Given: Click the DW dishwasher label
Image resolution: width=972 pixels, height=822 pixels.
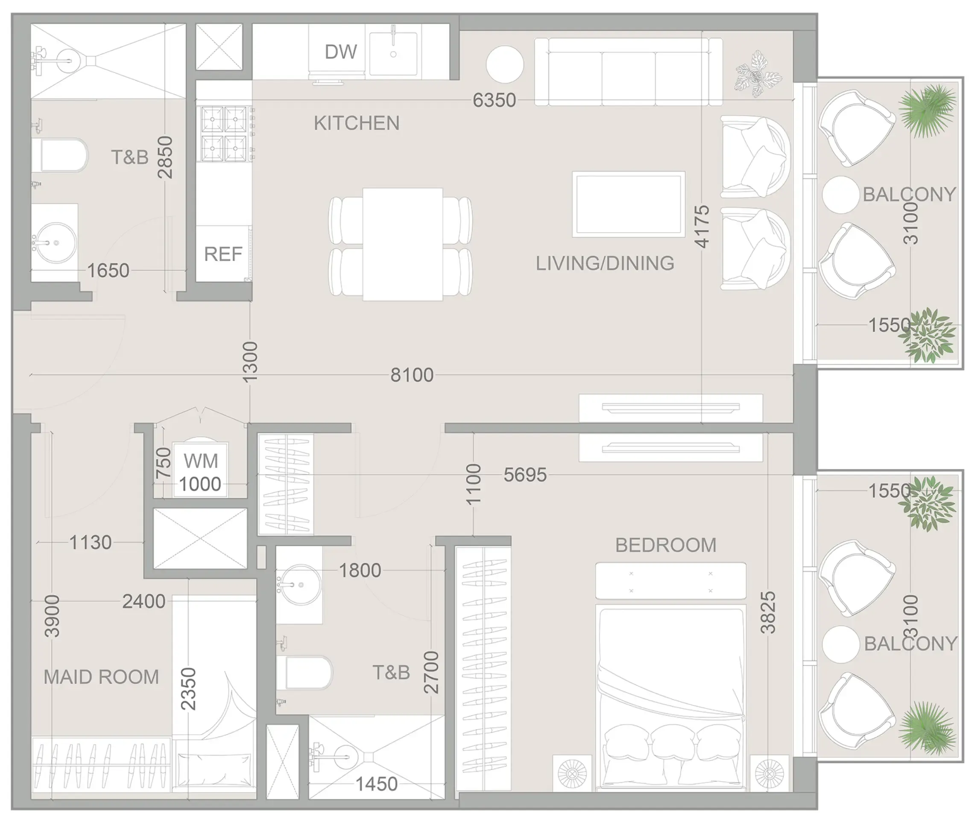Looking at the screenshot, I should (341, 52).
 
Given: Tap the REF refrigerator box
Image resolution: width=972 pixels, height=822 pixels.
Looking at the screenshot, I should (223, 254).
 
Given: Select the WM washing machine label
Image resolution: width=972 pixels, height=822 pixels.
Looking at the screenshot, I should (200, 461).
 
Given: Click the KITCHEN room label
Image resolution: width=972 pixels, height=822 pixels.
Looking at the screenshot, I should (357, 123).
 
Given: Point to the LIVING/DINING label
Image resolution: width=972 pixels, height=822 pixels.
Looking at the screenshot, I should (605, 264).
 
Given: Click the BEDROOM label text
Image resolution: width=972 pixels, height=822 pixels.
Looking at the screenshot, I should (665, 545).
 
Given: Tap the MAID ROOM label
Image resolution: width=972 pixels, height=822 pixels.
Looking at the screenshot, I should (101, 677).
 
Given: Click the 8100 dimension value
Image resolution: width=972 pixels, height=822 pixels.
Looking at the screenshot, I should (412, 375).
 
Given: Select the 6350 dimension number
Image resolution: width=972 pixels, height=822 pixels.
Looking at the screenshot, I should (494, 100).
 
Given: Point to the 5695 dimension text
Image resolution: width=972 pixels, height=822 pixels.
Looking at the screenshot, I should (525, 475).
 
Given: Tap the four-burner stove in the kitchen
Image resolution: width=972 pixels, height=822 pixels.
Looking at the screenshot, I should (224, 134).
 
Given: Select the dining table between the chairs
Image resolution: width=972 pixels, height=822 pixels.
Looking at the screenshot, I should (402, 244).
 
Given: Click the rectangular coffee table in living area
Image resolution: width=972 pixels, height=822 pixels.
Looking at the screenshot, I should (628, 204).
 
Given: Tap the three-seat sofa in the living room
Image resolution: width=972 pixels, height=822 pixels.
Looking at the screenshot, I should (628, 72).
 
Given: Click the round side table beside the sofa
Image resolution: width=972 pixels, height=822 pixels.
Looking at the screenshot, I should (504, 65).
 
